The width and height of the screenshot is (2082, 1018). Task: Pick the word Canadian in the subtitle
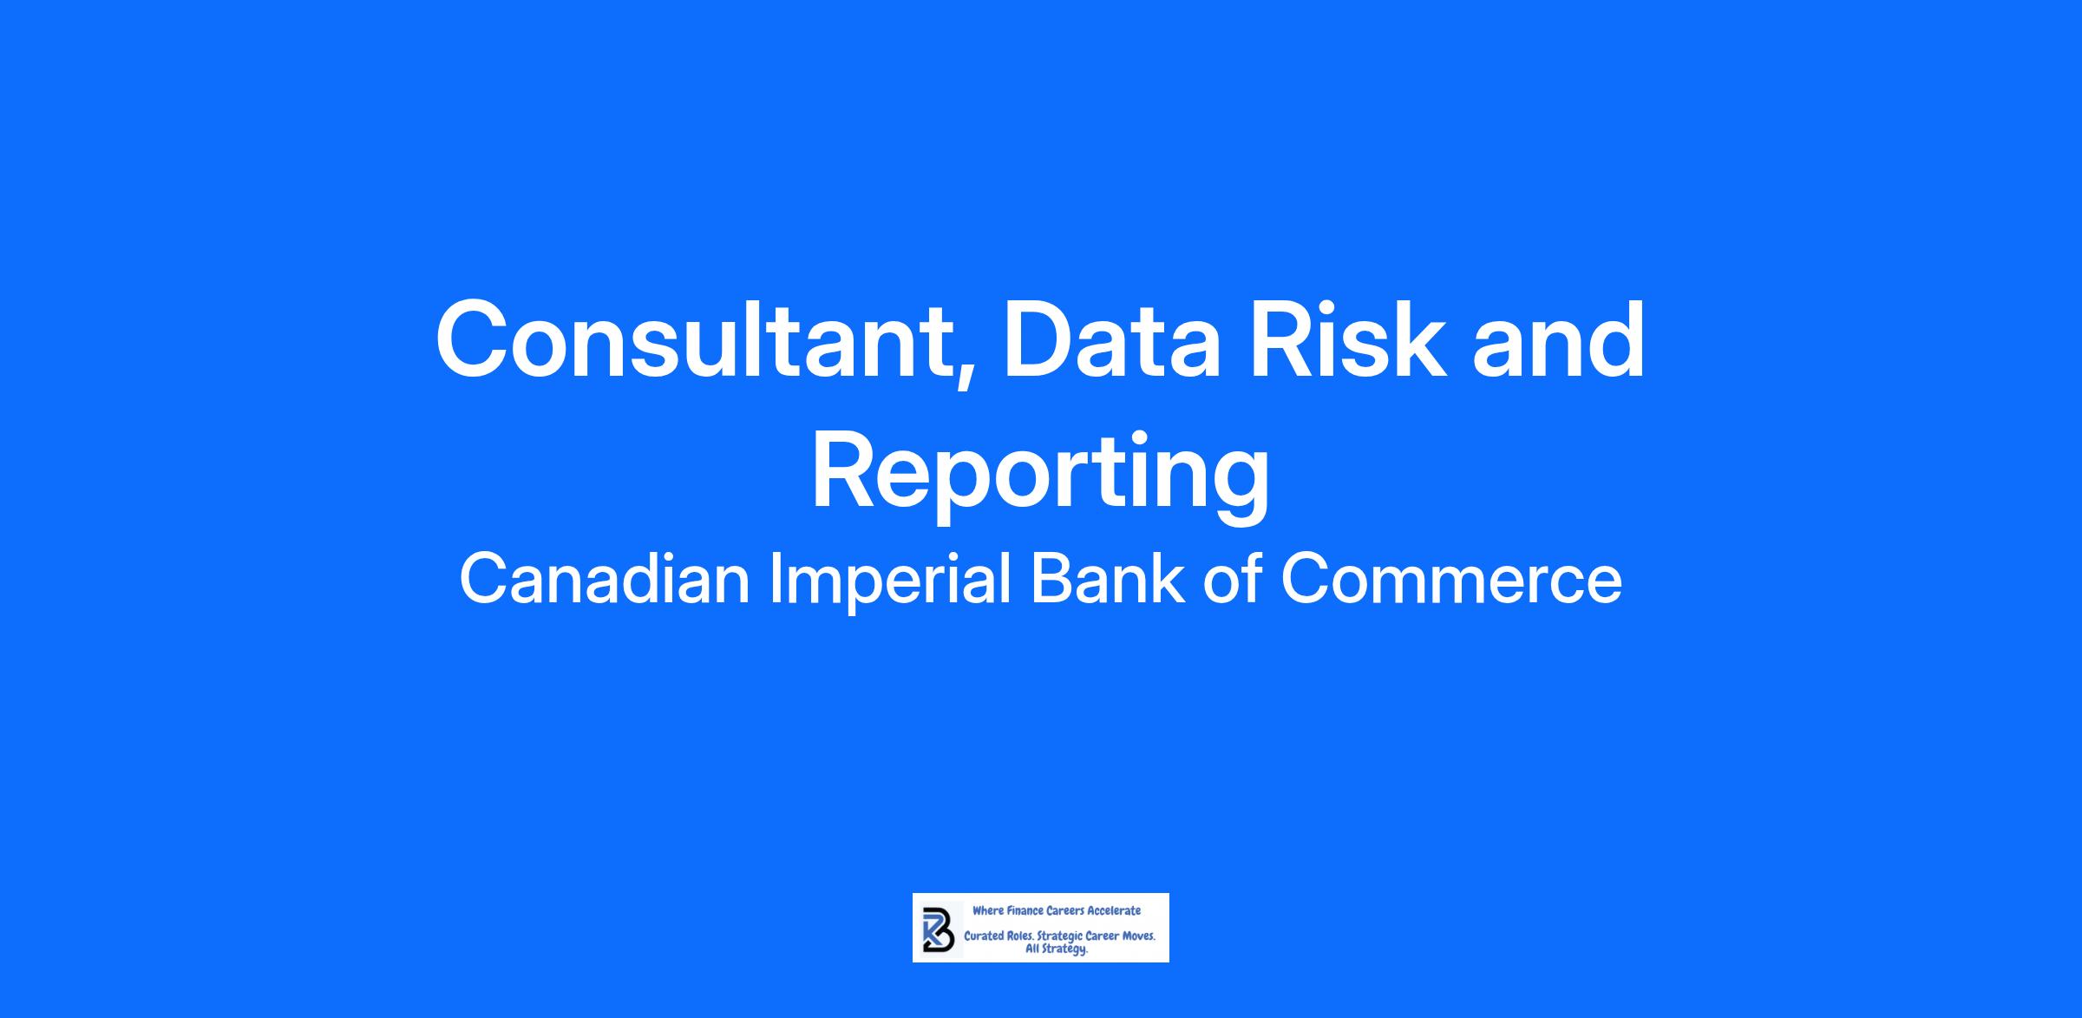pyautogui.click(x=605, y=579)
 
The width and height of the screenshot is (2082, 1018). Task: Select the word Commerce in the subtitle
pyautogui.click(x=1451, y=579)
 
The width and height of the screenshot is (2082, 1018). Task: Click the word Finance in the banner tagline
pyautogui.click(x=1025, y=910)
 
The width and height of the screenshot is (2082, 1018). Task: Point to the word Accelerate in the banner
pyautogui.click(x=1114, y=910)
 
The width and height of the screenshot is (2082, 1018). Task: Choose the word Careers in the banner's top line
pyautogui.click(x=1065, y=910)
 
